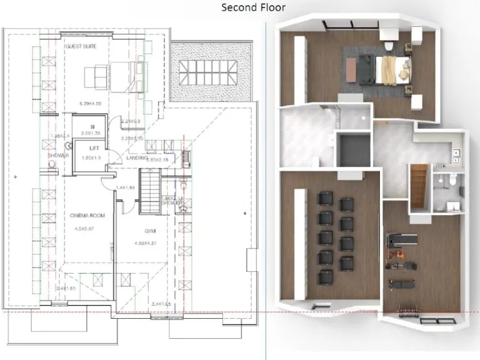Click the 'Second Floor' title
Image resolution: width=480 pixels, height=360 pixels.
253,7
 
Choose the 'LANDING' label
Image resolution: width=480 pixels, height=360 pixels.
136,157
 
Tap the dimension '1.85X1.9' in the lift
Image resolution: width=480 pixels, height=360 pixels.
91,158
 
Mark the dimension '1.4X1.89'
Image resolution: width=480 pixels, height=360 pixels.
126,187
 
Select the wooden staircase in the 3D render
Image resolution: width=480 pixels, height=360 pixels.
419,186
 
